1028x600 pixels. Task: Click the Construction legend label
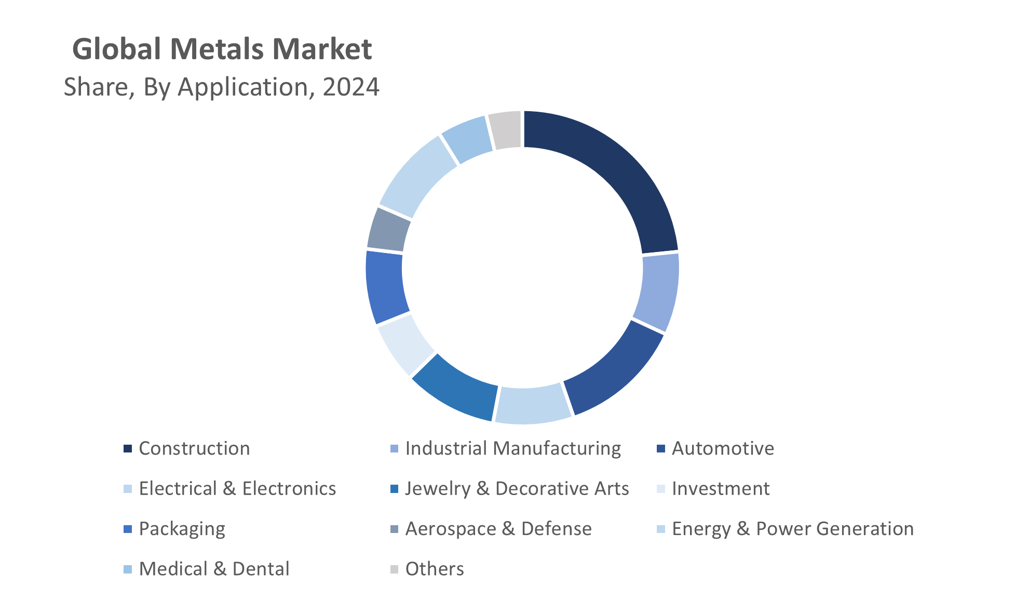194,449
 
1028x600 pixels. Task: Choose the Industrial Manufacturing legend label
513,449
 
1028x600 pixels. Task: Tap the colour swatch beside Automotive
661,449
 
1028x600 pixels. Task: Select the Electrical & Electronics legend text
237,489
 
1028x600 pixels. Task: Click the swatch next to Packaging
128,529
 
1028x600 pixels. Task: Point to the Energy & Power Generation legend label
792,529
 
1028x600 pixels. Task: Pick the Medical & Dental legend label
214,569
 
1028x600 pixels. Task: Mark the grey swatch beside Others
395,569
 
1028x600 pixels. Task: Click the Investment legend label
721,489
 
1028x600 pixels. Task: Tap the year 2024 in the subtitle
351,87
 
